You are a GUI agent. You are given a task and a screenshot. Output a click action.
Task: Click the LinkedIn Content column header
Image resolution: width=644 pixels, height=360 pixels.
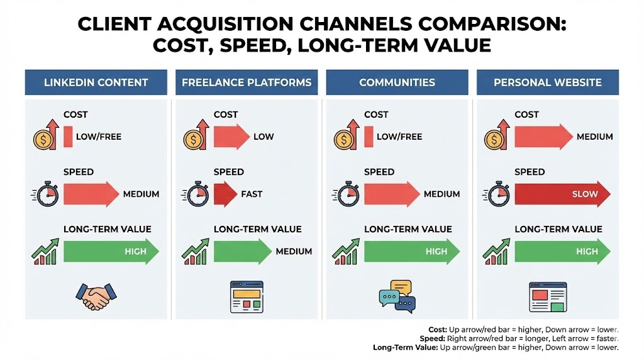pos(96,82)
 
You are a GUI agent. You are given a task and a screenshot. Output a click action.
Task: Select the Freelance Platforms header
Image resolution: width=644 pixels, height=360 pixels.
pos(247,82)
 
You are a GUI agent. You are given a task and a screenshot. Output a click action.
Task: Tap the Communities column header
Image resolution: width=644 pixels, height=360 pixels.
pos(397,82)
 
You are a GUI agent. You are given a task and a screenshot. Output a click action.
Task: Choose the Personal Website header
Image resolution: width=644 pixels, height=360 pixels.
pos(548,82)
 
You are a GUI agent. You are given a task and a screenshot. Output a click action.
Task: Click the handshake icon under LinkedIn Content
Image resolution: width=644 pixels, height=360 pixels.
pos(96,296)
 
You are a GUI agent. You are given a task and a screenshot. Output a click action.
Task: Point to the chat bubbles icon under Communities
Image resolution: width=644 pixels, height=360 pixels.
pos(397,296)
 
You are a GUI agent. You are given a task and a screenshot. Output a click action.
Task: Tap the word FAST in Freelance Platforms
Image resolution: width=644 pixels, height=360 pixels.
pos(252,194)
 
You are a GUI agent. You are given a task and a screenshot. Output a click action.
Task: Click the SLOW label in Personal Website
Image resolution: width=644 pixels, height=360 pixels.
pos(585,194)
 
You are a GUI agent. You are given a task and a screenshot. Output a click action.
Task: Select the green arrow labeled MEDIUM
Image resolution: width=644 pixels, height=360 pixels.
pos(242,251)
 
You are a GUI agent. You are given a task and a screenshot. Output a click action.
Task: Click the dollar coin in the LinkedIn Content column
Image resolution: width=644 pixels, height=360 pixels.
pos(43,140)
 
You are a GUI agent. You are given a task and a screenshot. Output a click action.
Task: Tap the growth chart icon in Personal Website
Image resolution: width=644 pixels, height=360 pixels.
pos(496,252)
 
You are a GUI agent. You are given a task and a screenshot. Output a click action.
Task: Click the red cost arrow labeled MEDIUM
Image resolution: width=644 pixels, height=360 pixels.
pos(543,137)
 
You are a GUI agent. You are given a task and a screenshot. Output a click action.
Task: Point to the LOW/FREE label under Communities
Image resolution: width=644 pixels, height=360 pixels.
pos(399,137)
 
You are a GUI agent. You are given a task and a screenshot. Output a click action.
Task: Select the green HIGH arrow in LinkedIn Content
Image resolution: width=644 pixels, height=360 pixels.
pos(111,251)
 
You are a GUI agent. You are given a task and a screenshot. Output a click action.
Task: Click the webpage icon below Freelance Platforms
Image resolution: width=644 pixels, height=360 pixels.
pos(247,296)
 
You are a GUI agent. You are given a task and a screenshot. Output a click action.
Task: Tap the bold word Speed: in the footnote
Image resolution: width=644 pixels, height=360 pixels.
pos(432,339)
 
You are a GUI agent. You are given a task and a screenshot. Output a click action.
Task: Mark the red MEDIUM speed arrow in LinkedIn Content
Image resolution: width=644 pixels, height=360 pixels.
pos(91,194)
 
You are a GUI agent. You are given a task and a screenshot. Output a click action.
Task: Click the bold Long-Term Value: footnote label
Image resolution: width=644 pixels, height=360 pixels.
pos(406,347)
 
